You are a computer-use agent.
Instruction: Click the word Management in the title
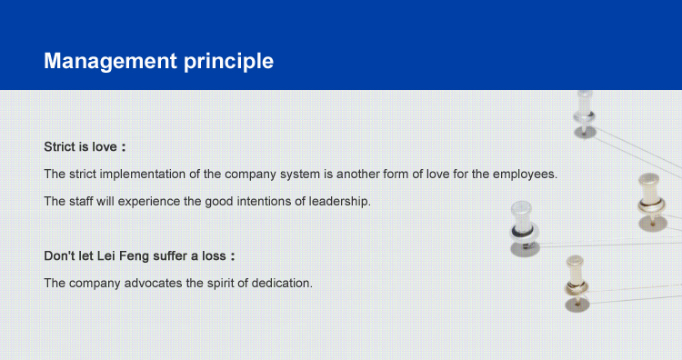(110, 61)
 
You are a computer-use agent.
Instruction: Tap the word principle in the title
(229, 61)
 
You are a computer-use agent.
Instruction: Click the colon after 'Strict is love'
(124, 148)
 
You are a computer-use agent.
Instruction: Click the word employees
(525, 175)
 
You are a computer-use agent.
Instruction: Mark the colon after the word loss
(233, 256)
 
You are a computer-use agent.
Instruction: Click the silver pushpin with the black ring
(524, 228)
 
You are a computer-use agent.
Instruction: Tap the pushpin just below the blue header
(585, 114)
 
